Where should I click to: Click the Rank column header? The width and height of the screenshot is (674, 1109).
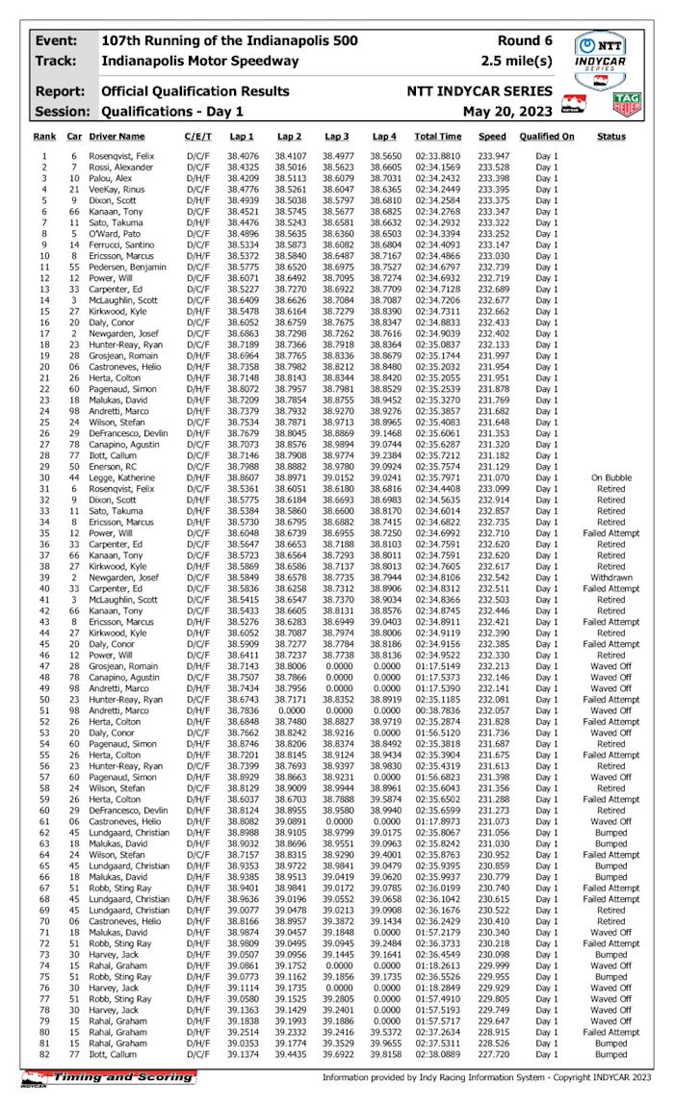(44, 138)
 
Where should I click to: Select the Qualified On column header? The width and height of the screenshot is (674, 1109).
(547, 138)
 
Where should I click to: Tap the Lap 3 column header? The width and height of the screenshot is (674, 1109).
(337, 138)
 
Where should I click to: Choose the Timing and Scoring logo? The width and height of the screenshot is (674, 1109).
(108, 1079)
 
